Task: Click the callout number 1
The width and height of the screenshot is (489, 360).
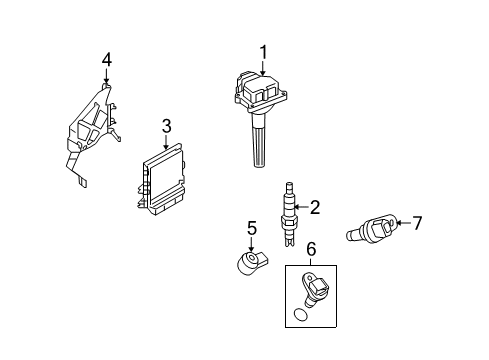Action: tap(263, 53)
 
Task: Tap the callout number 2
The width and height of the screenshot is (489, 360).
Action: tap(315, 207)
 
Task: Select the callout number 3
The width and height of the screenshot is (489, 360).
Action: tap(166, 126)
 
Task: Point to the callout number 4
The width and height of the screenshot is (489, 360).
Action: tap(107, 60)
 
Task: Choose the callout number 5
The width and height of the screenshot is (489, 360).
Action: tap(252, 229)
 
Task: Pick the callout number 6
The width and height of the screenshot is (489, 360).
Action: tap(311, 249)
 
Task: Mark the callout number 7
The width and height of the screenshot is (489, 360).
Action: tap(417, 223)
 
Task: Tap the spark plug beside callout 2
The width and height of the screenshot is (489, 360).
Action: tap(289, 214)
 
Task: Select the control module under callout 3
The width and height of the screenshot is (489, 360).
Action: tap(160, 179)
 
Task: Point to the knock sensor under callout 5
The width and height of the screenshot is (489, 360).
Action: tap(253, 263)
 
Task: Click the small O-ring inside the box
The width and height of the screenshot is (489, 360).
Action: tap(301, 315)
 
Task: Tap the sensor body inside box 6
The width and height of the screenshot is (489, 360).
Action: tap(314, 288)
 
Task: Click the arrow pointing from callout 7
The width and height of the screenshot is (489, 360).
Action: tap(403, 223)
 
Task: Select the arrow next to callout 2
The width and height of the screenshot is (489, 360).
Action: tap(302, 207)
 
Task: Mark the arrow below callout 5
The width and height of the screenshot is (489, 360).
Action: tap(251, 244)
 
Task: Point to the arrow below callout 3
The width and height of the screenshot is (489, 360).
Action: tap(166, 141)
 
